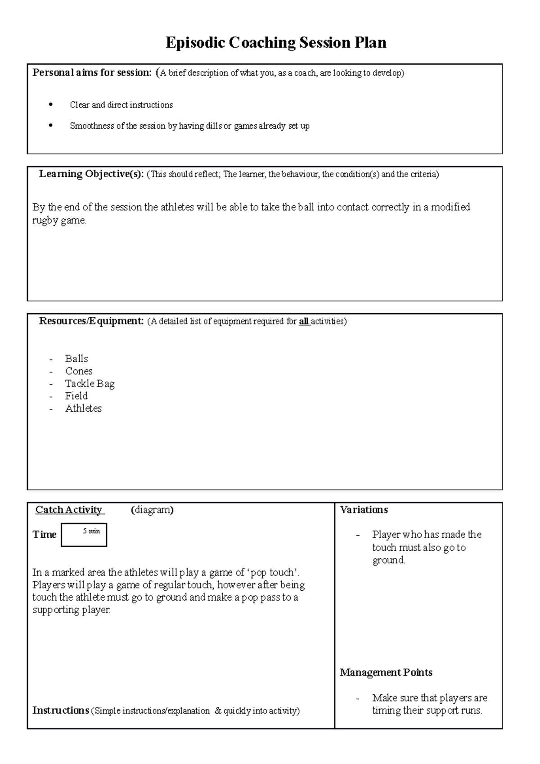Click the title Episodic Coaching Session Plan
click(x=276, y=43)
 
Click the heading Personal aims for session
click(x=92, y=72)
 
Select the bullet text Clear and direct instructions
click(x=121, y=105)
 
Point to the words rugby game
click(x=59, y=220)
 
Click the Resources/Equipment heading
click(x=91, y=321)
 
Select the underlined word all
click(x=304, y=322)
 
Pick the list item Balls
click(x=76, y=359)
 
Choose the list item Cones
click(x=79, y=371)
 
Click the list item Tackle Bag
click(x=90, y=384)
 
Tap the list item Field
click(x=76, y=396)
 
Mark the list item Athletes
click(x=83, y=409)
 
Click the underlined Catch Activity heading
click(x=69, y=510)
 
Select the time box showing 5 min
click(x=84, y=535)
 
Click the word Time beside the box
click(x=44, y=535)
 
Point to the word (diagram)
click(x=152, y=510)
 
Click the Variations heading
click(x=364, y=510)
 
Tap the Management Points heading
click(x=386, y=673)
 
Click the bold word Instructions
click(x=60, y=710)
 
